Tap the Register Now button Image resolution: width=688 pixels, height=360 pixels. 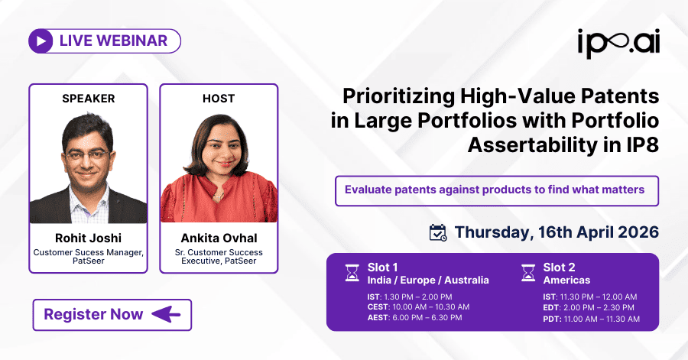pos(112,314)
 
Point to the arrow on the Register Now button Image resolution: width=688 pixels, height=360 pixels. pos(166,314)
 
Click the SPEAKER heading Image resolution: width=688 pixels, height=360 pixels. pos(88,99)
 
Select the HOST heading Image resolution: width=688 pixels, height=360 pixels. pos(219,99)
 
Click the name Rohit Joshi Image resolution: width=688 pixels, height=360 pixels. pos(88,238)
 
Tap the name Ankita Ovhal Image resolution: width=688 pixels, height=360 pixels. pos(219,238)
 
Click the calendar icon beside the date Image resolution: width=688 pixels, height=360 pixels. pos(438,232)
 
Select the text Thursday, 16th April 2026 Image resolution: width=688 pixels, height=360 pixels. pos(557,232)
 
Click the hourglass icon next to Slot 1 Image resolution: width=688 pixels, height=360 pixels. pos(352,273)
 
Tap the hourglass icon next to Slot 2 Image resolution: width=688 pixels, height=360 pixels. pos(527,273)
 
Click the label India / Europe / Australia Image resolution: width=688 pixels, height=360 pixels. pos(427,280)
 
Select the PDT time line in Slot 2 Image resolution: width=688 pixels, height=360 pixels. pos(591,318)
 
